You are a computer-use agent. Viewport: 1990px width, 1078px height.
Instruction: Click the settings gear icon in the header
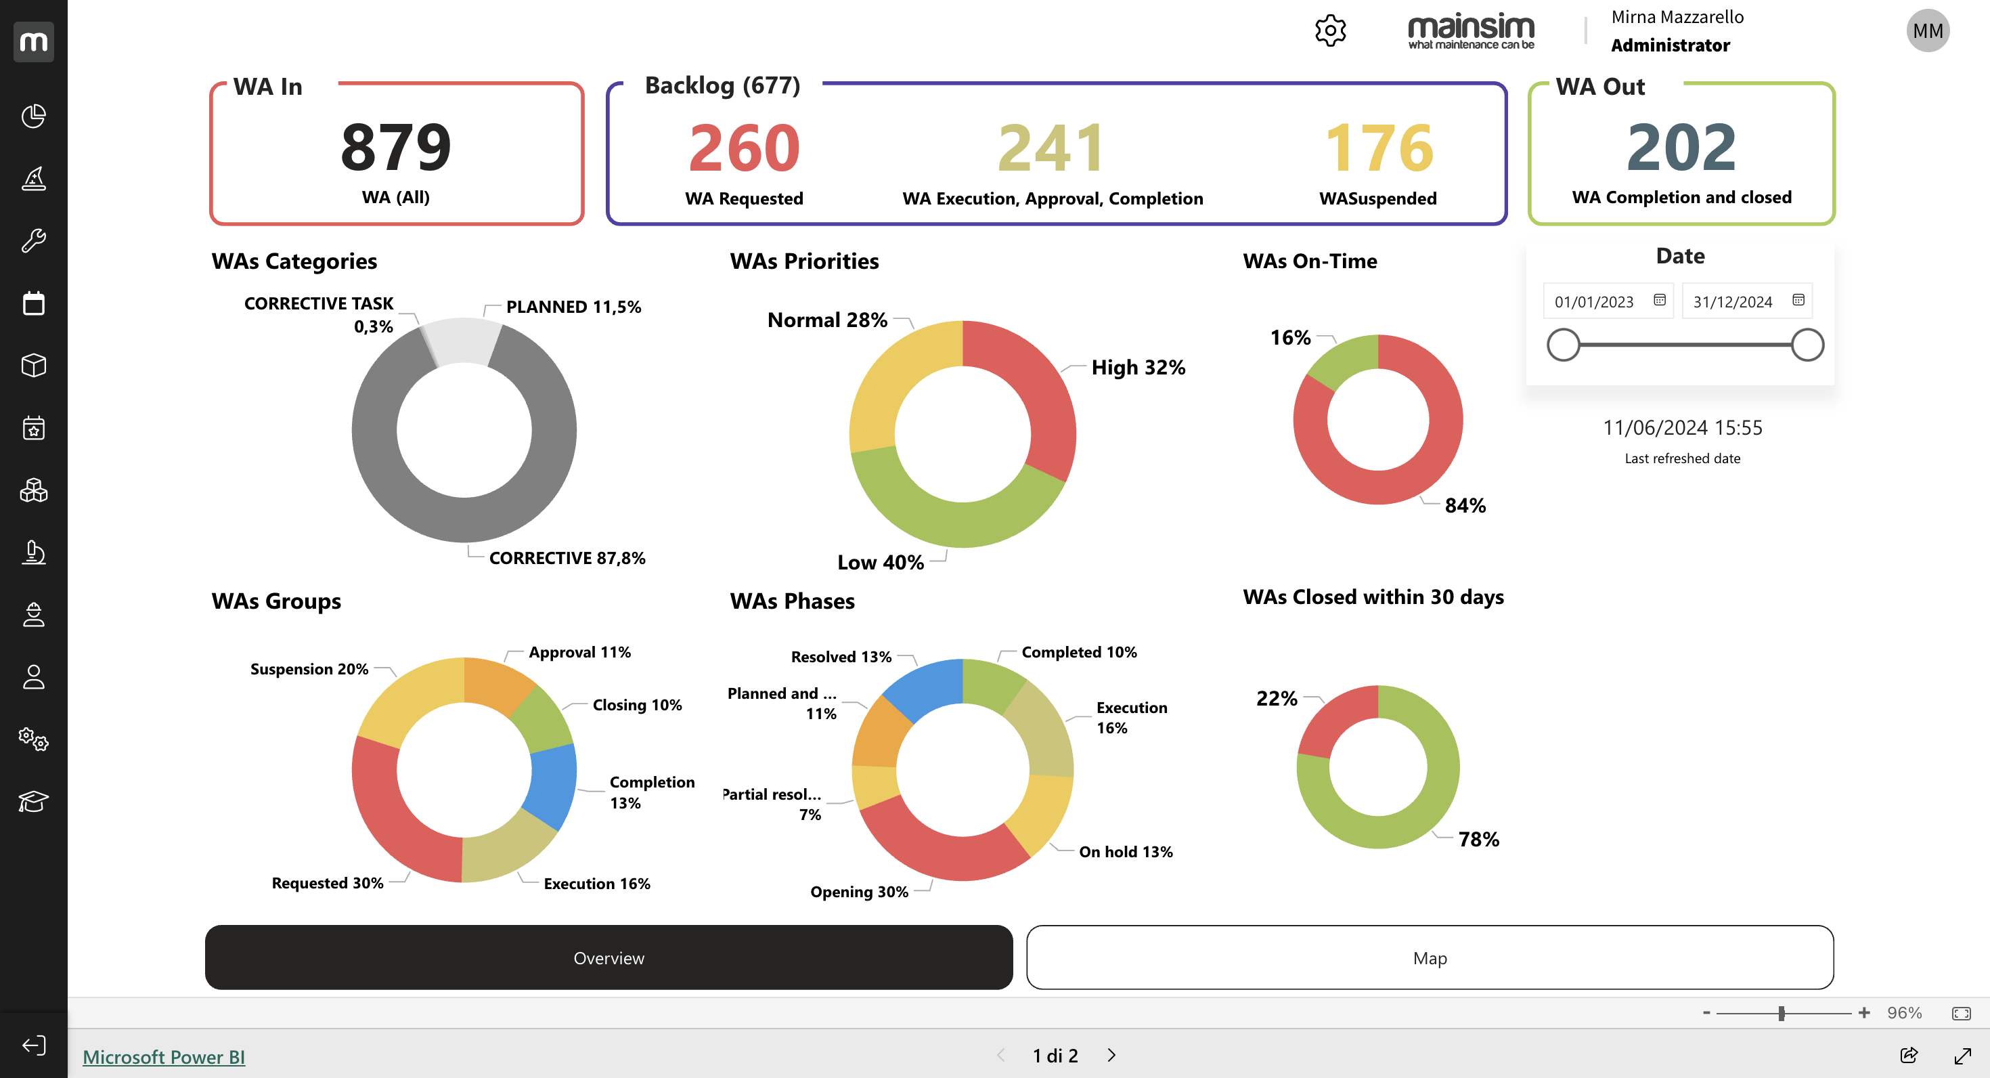(1330, 32)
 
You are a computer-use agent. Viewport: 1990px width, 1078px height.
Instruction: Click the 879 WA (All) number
(395, 147)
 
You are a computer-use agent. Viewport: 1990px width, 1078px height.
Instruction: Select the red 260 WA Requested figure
(744, 148)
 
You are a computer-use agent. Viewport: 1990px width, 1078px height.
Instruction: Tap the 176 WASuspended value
(1379, 148)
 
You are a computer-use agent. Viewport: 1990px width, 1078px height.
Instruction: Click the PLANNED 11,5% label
(573, 307)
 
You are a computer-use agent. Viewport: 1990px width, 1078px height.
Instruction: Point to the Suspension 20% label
(309, 669)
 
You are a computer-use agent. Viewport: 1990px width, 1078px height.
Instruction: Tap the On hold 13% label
(1126, 852)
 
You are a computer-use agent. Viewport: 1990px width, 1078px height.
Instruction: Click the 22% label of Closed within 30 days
(1276, 699)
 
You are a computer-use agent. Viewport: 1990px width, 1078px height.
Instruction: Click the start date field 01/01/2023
(1595, 301)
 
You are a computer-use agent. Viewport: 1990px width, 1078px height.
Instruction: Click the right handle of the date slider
(1807, 345)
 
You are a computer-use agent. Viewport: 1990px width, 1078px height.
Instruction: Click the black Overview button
(609, 957)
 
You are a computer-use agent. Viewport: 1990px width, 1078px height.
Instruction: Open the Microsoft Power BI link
(164, 1056)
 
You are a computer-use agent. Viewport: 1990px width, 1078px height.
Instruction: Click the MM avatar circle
(1928, 31)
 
